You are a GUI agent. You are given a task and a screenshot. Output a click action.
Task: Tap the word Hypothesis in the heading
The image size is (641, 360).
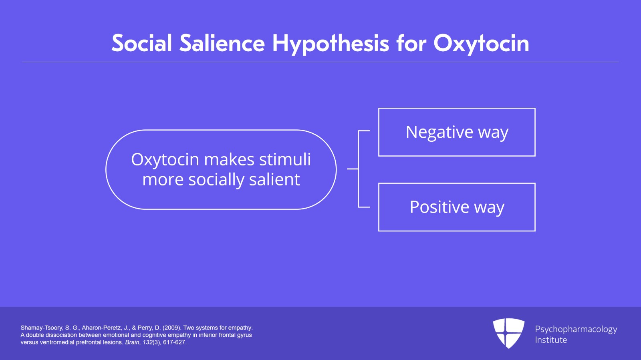coord(331,44)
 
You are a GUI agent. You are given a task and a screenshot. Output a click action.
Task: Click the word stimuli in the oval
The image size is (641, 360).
coord(285,159)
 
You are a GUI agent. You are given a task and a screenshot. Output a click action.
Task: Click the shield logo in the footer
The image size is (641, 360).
coord(508,333)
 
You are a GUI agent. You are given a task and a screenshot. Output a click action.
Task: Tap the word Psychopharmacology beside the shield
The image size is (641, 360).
coord(576,330)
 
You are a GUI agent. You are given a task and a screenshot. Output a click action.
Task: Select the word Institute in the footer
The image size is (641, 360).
coord(551,340)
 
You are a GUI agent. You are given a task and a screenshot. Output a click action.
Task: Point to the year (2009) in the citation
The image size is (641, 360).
coord(171,328)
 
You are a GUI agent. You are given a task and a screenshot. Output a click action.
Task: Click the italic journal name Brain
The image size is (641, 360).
coord(132,342)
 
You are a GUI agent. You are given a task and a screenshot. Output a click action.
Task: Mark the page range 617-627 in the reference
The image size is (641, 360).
coord(174,342)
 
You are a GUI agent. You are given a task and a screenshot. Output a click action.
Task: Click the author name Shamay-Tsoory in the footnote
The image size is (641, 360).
coord(42,328)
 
